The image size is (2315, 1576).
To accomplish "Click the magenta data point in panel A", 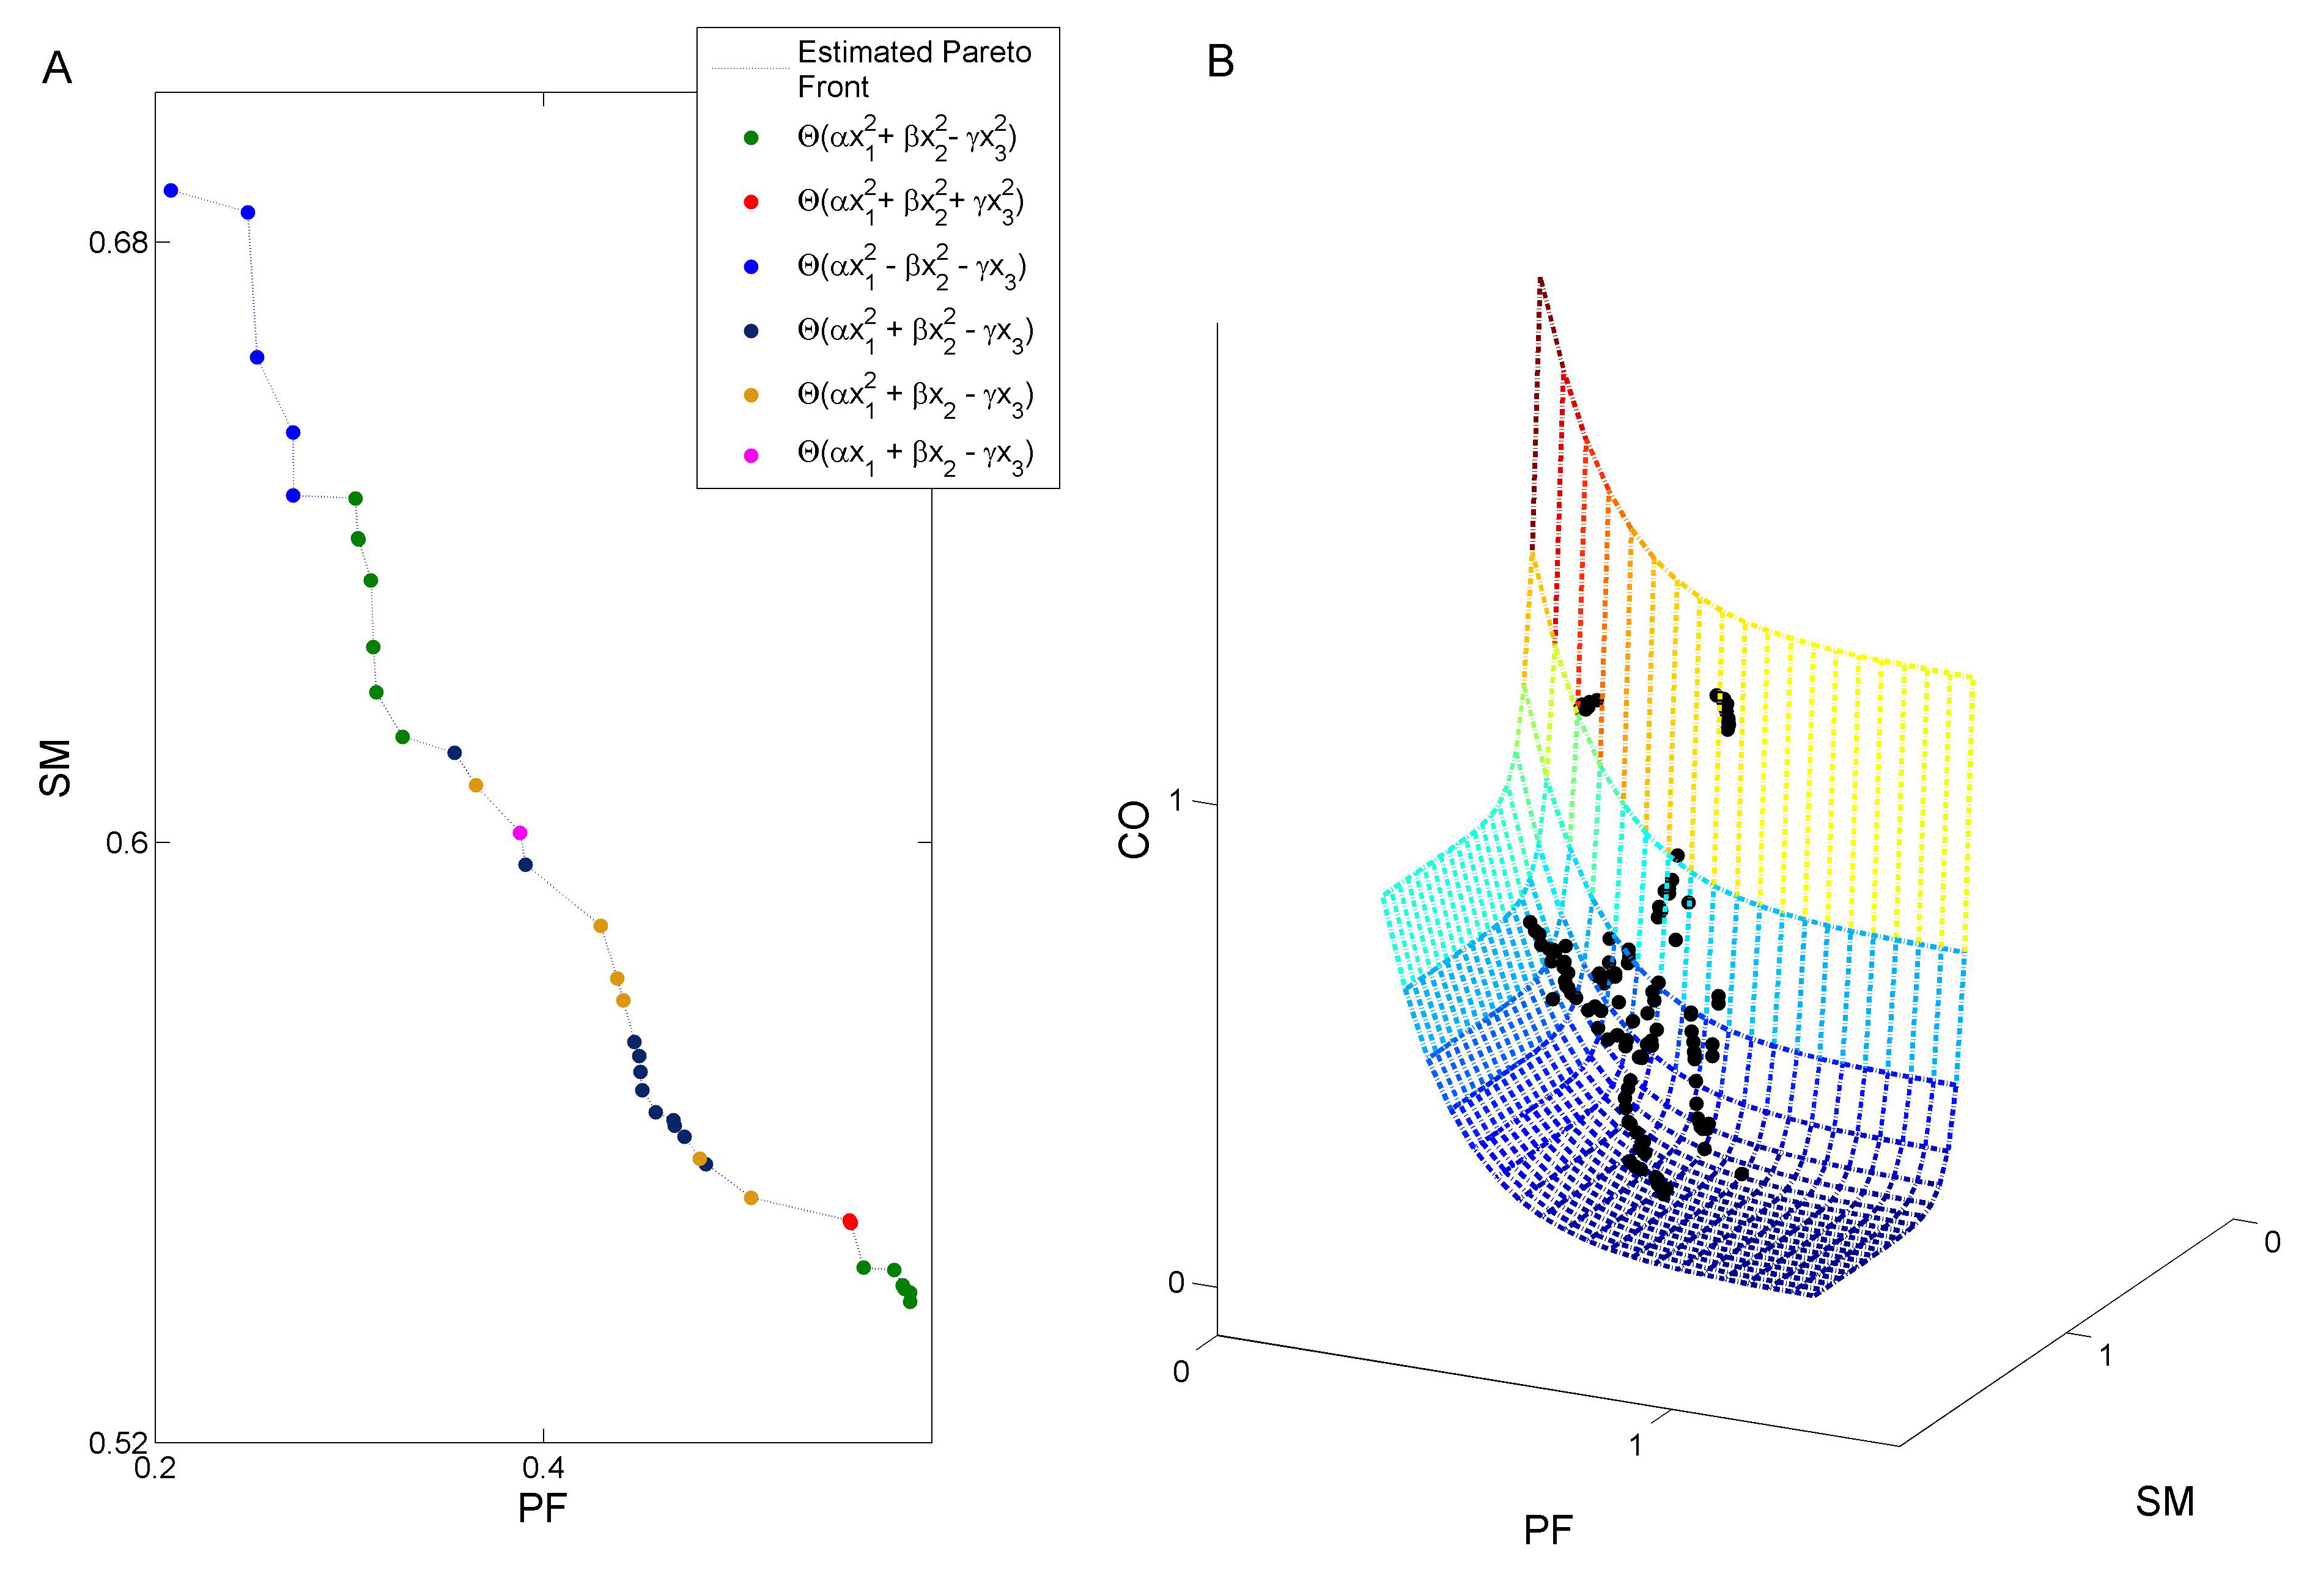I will click(x=519, y=833).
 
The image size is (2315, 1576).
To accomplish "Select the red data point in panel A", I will click(x=850, y=1221).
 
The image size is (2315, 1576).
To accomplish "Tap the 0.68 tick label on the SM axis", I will click(x=117, y=243).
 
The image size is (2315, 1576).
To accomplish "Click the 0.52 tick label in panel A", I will click(x=117, y=1443).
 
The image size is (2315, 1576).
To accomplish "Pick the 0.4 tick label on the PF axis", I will click(x=543, y=1467).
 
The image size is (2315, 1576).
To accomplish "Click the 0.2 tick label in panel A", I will click(x=155, y=1467).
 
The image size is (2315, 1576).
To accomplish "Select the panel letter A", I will click(x=57, y=68).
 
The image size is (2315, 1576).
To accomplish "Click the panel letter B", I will click(x=1220, y=62).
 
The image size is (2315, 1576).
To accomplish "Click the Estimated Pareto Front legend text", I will click(x=914, y=68).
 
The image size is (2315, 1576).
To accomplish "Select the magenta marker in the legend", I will click(x=751, y=455).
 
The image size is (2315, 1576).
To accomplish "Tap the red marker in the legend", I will click(x=751, y=202).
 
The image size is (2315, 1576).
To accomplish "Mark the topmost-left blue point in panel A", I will click(x=171, y=190).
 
